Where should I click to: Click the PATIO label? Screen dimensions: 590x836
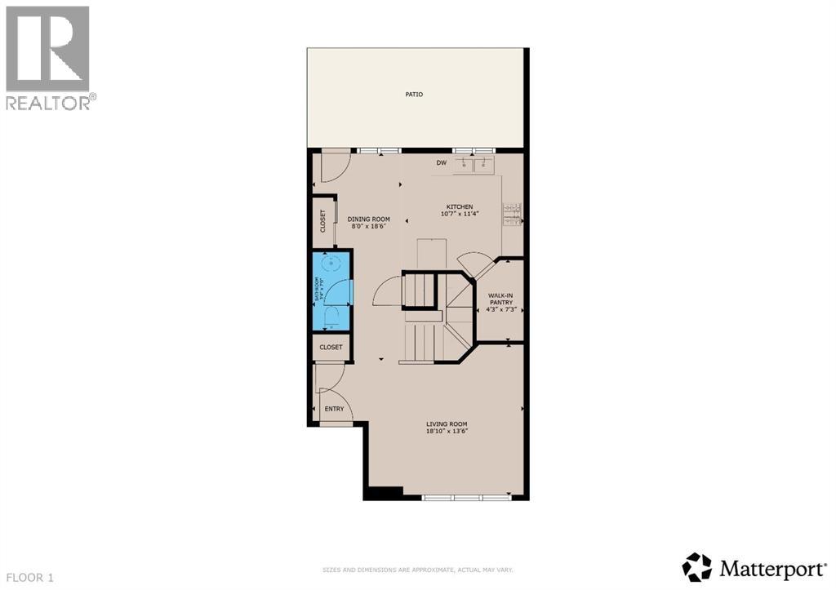415,95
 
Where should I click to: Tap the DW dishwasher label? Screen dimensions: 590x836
442,163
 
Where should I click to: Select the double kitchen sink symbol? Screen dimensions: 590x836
475,165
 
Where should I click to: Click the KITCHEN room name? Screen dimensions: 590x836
459,206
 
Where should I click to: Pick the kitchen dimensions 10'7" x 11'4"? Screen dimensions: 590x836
459,215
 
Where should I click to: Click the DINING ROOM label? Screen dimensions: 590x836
369,219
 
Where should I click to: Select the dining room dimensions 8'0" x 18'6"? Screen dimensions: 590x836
369,226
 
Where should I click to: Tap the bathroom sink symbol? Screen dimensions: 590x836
331,264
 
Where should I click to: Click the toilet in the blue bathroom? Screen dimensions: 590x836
331,317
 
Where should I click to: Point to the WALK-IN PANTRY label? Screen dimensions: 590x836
500,299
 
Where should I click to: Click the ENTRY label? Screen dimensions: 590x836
335,409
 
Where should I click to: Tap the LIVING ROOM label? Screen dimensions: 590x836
447,424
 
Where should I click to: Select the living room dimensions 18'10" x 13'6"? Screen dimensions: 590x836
447,433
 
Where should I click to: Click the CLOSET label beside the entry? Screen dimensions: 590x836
331,347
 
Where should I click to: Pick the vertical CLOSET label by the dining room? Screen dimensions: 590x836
322,220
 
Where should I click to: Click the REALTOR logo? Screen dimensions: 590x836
49,57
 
